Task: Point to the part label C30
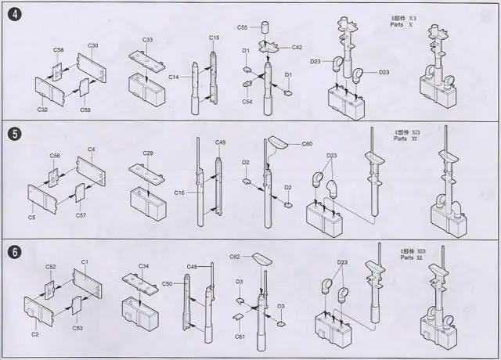[92, 45]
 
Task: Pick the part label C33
[148, 39]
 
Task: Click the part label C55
[243, 27]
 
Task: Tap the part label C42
[297, 47]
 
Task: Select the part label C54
[247, 102]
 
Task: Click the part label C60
[307, 145]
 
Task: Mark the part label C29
[148, 153]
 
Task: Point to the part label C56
[55, 156]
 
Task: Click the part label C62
[235, 257]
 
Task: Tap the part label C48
[192, 267]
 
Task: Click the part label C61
[240, 337]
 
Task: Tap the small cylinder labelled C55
[265, 29]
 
